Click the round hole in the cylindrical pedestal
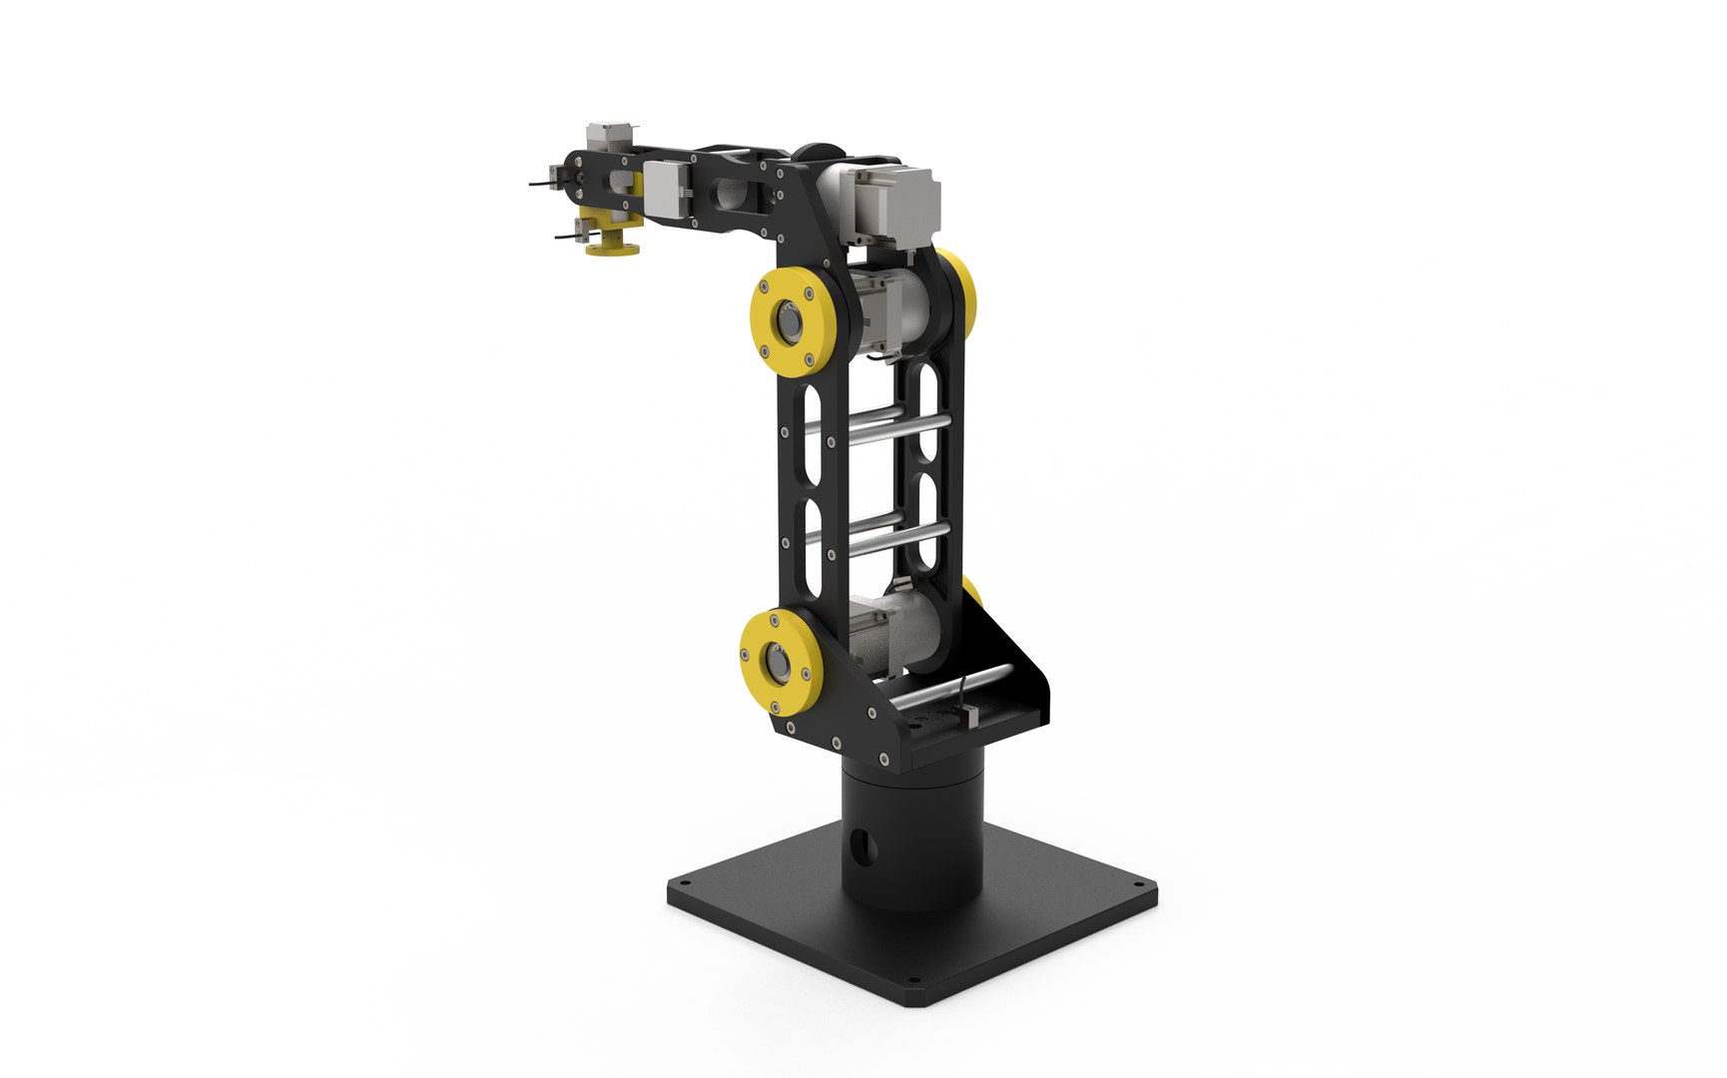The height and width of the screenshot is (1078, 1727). click(x=864, y=847)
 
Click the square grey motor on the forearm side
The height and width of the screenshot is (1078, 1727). click(x=664, y=189)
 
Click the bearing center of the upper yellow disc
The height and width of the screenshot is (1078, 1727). click(x=792, y=322)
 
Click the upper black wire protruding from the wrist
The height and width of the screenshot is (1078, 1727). click(x=539, y=183)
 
